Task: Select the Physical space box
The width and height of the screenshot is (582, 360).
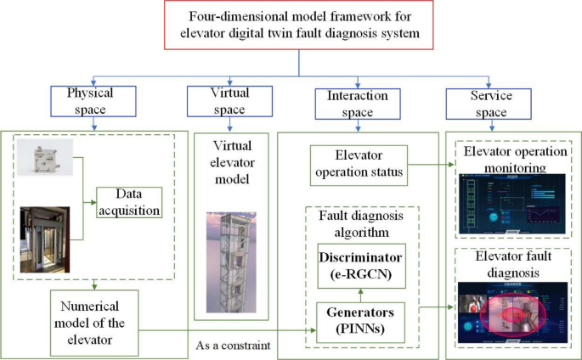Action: click(x=87, y=99)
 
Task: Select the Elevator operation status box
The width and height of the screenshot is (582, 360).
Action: click(x=356, y=163)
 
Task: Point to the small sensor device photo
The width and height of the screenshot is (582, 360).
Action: click(x=45, y=156)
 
